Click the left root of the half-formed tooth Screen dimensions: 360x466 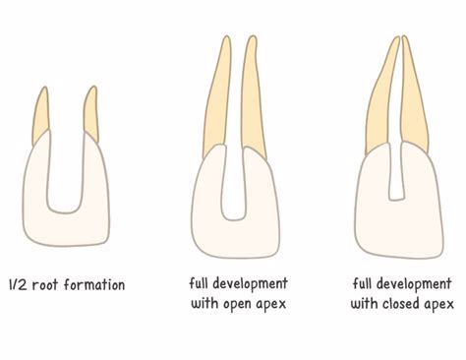pos(40,113)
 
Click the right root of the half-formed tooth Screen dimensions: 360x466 pos(90,113)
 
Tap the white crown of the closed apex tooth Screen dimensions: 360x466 pos(393,221)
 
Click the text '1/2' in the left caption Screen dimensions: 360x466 pos(17,285)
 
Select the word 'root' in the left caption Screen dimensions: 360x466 pos(45,285)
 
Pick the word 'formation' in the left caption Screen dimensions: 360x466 pos(94,285)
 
